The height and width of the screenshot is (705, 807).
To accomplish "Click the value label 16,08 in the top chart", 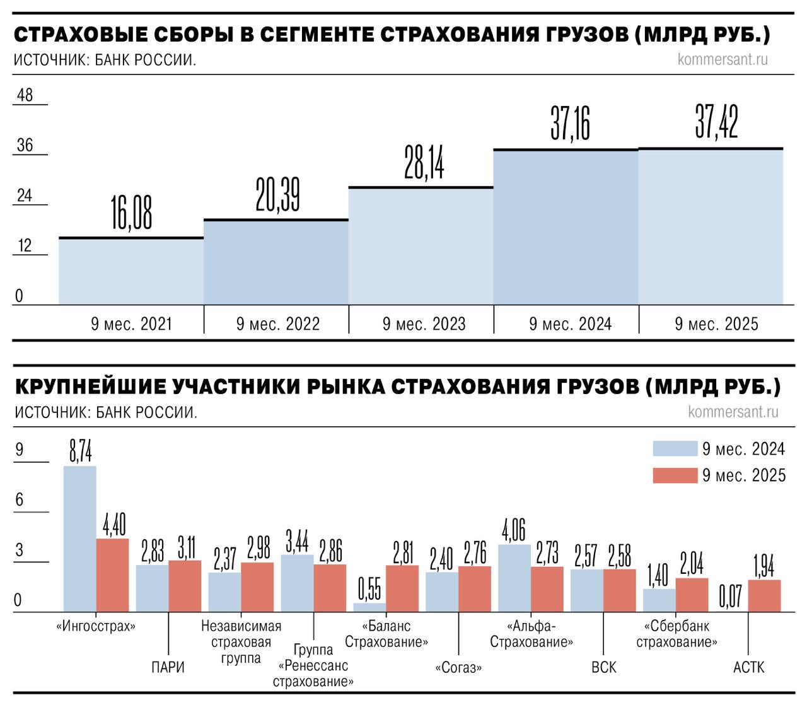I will pos(132,213).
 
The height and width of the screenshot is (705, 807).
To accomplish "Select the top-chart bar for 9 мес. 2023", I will pos(421,246).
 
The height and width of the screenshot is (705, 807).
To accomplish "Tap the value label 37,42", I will pos(716,122).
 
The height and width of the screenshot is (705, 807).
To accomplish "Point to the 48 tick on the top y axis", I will pos(25,95).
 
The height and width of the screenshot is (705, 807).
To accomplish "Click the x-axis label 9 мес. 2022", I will pos(278,324).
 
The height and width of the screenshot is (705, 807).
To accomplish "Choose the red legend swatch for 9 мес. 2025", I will pos(675,475).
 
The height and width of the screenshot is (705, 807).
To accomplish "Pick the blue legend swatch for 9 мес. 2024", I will pos(675,449).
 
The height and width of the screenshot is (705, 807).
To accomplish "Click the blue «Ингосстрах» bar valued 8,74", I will pos(80,539).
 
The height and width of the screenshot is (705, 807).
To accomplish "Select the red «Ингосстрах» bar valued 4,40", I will pos(112,575).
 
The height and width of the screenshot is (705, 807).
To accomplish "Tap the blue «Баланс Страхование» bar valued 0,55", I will pos(369,607).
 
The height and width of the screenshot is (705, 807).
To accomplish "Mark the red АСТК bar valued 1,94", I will pos(764,596).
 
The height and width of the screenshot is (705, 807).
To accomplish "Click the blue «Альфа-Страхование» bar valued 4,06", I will pos(514,578).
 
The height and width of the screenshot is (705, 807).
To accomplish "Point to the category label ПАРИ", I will pos(168,667).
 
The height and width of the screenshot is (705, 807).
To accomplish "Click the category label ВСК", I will pos(604,667).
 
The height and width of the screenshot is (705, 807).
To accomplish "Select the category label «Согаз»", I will pos(458,668).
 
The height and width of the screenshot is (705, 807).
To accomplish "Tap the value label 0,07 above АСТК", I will pos(731,597).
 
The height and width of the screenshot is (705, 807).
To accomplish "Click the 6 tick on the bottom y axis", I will pos(20,500).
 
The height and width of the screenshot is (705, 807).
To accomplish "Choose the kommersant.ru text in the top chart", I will pos(723,60).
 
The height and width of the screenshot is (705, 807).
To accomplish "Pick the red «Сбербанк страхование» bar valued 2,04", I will pos(692,595).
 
